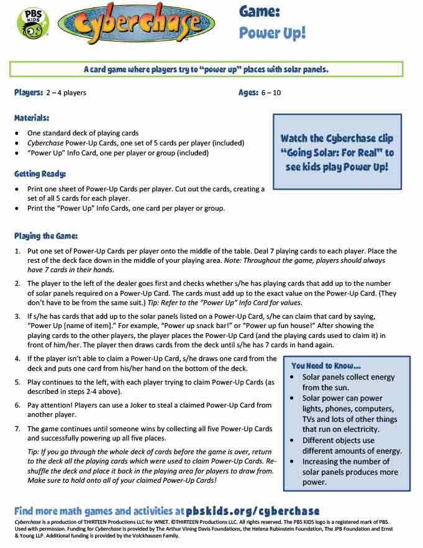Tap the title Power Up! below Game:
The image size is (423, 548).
pos(273,32)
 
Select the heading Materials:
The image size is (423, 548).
pos(32,117)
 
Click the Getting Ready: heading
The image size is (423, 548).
pos(40,173)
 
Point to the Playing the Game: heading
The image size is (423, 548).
pos(46,235)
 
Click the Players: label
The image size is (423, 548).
pos(29,93)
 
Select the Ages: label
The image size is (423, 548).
pos(252,93)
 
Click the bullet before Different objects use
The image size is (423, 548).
pos(294,440)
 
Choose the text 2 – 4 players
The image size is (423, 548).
pos(66,93)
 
